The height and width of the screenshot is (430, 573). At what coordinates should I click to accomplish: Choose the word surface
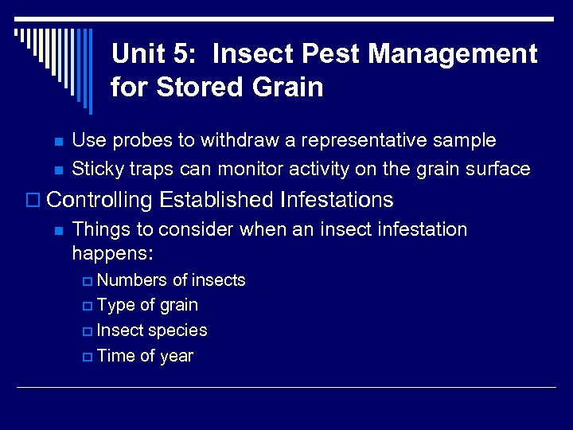coord(497,169)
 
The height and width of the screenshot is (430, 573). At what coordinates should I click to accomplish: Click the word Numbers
coord(132,280)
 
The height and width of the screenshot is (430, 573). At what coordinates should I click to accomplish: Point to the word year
coord(177,356)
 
